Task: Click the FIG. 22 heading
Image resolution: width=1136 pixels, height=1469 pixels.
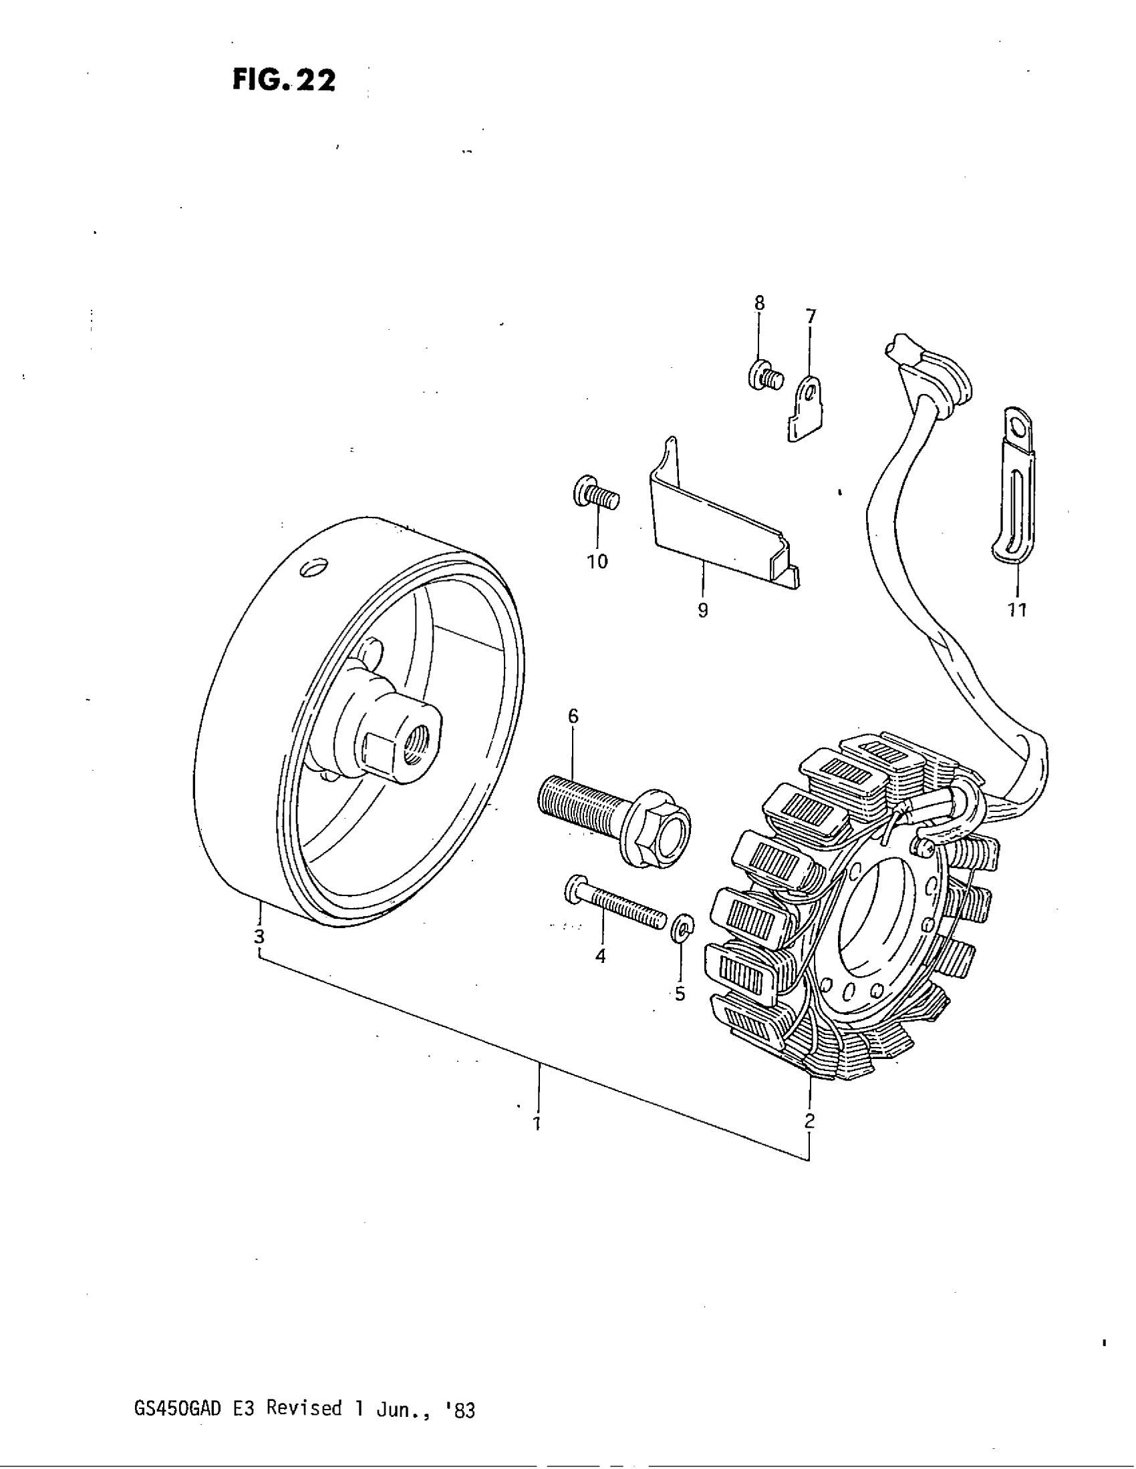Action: (x=283, y=80)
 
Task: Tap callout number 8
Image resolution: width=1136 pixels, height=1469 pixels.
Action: (x=759, y=303)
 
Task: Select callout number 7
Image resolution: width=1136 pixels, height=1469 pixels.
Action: (x=811, y=315)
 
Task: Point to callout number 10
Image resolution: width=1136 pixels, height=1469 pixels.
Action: (x=597, y=562)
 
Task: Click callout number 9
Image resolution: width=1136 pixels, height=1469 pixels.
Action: (x=702, y=610)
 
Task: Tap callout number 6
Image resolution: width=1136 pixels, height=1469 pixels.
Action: (x=573, y=716)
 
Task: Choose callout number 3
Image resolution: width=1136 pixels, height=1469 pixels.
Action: (x=259, y=935)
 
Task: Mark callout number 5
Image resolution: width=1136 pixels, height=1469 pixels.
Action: (x=680, y=994)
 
